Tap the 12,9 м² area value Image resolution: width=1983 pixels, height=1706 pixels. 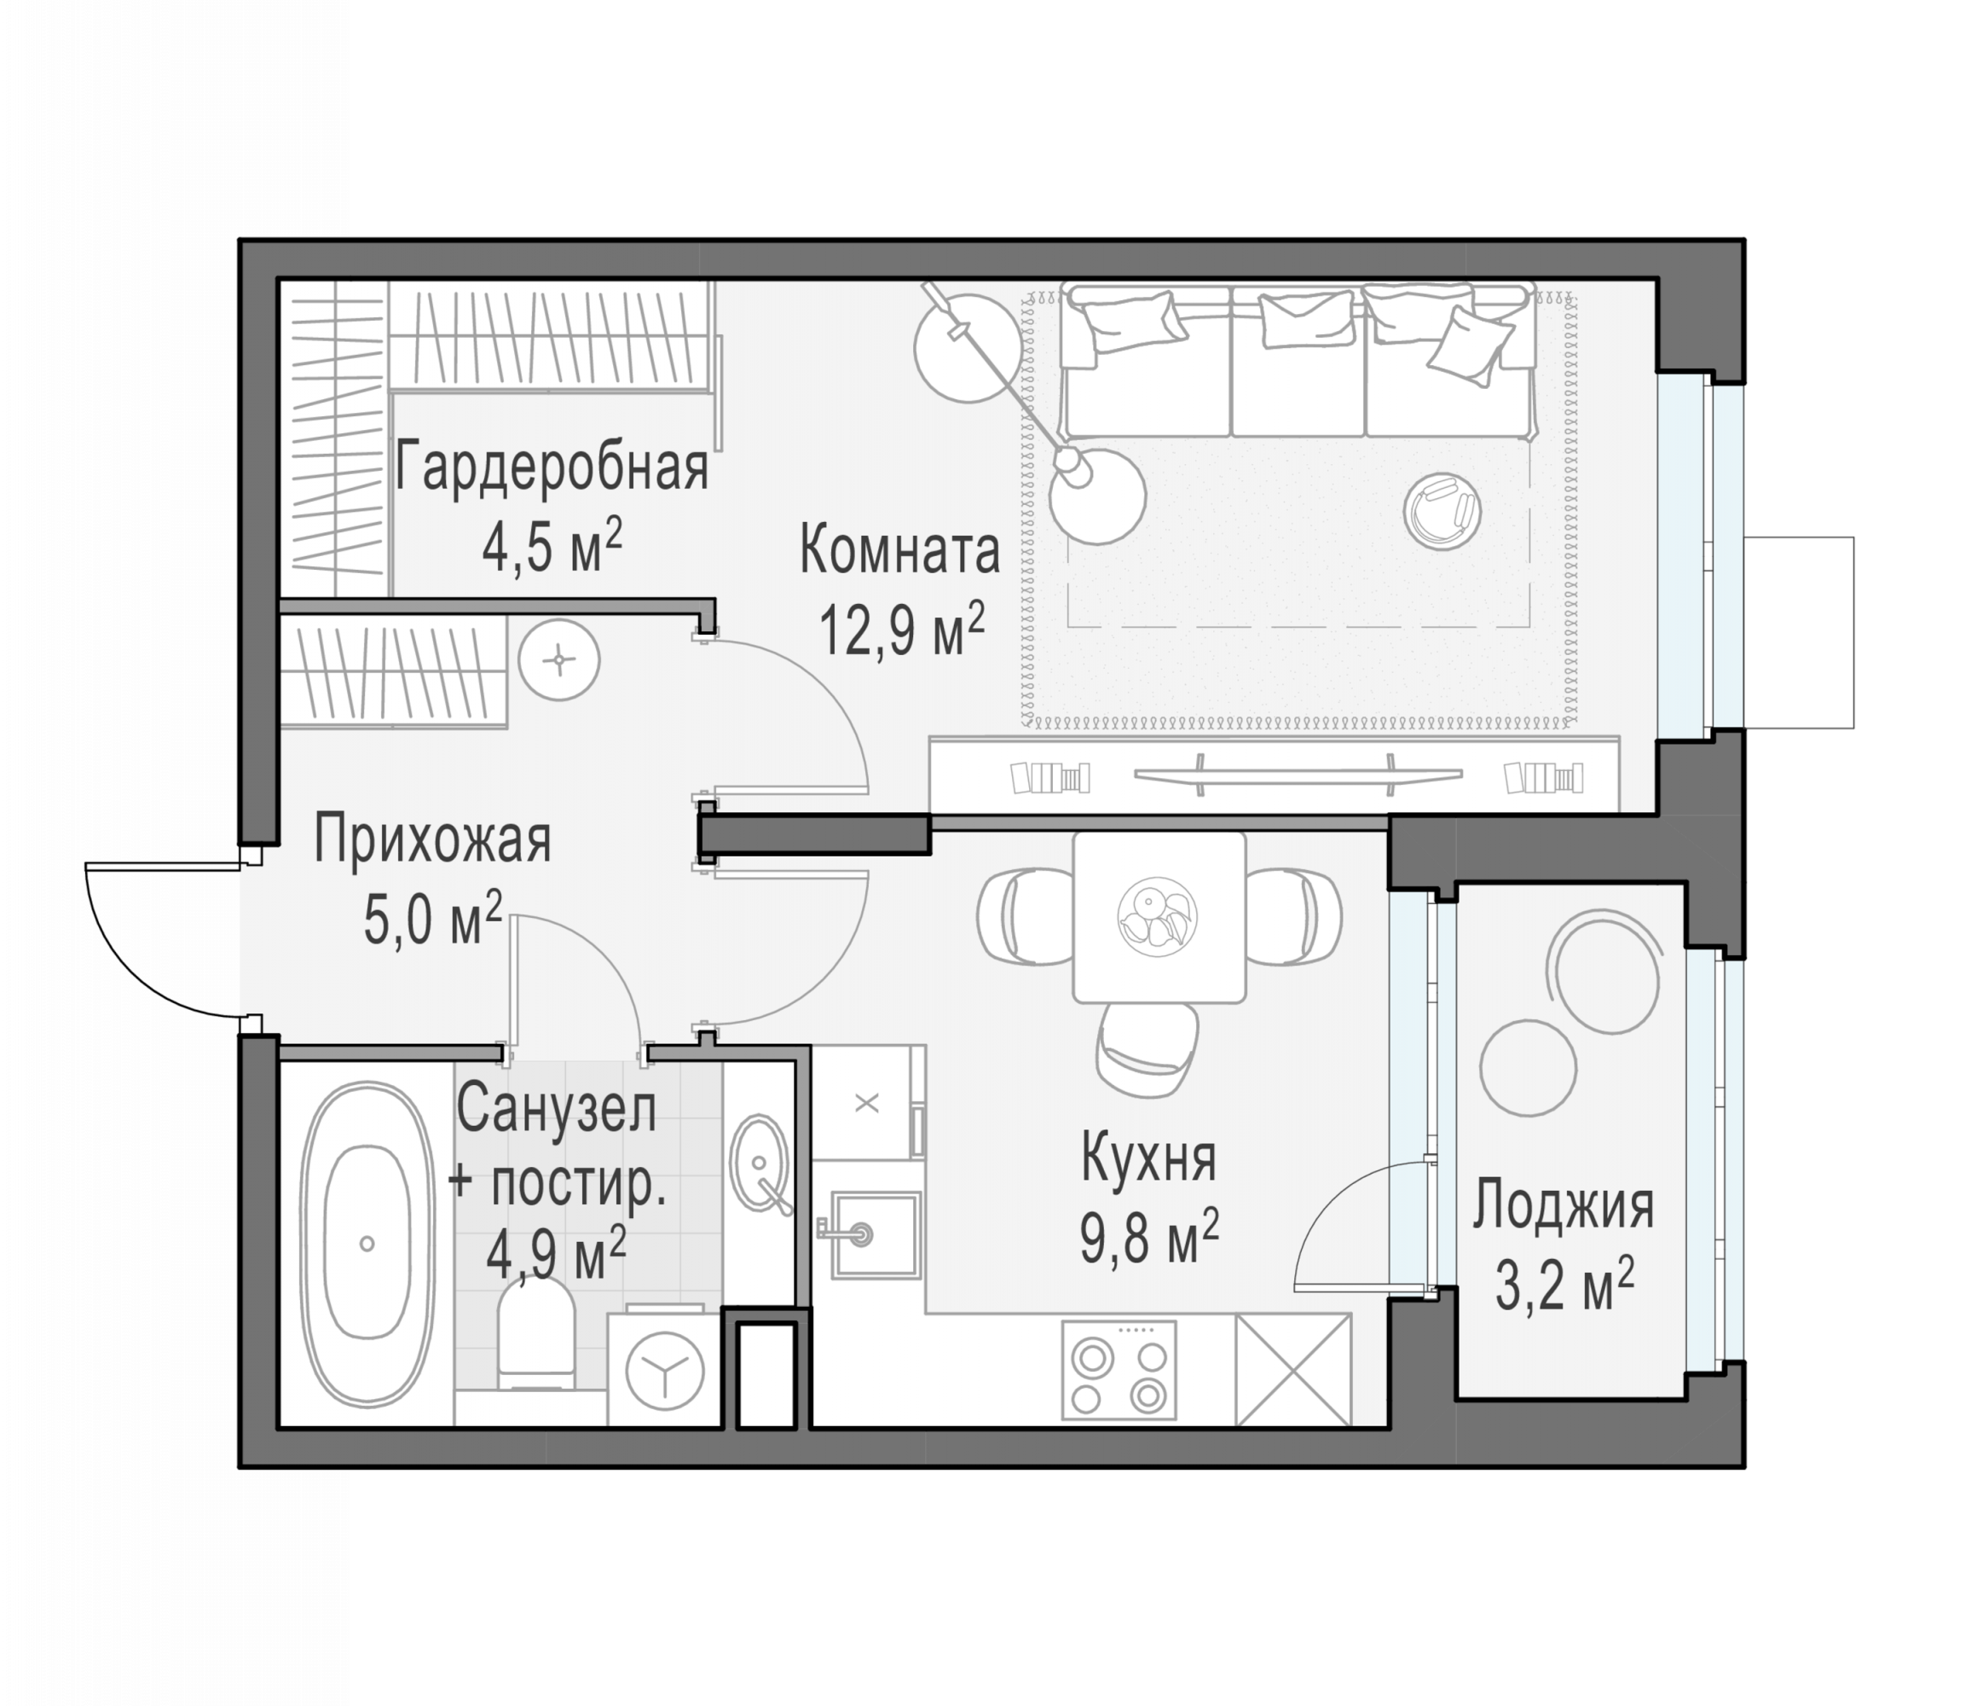901,629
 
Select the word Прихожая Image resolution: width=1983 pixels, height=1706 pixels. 432,839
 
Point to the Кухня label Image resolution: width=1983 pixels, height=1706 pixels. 1148,1158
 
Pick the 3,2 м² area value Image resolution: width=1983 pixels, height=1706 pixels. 1564,1283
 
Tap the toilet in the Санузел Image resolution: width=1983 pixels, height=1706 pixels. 536,1335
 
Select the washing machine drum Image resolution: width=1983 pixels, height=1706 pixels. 664,1371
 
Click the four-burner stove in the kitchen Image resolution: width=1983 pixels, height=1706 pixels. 1119,1369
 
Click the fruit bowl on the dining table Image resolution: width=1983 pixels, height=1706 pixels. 1157,915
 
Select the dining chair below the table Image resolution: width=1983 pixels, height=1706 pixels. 1146,1049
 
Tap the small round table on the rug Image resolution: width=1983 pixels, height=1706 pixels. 1442,512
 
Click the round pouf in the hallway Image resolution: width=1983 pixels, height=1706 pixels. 559,659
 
